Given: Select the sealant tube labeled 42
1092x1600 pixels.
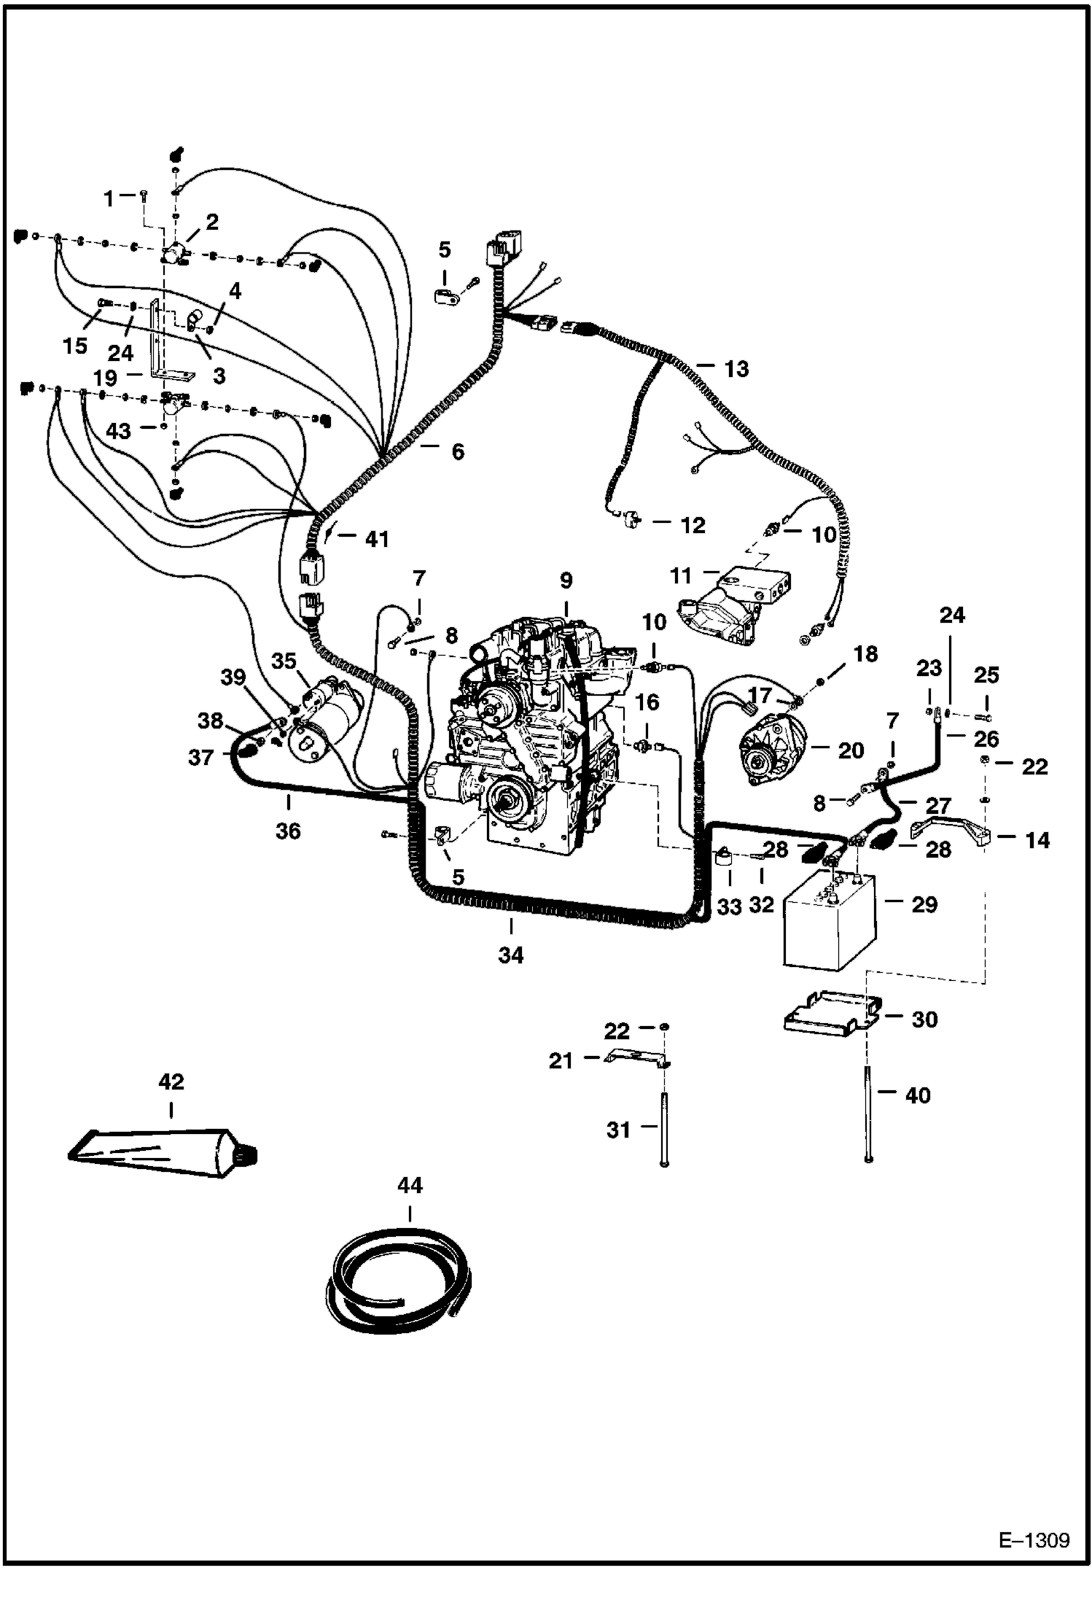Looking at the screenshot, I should pyautogui.click(x=160, y=1154).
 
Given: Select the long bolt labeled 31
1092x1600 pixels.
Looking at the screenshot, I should pyautogui.click(x=663, y=1127).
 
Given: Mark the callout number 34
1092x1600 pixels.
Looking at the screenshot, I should pyautogui.click(x=511, y=954).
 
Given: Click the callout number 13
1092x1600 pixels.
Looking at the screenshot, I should pyautogui.click(x=736, y=369).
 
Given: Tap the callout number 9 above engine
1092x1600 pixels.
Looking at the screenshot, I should pyautogui.click(x=566, y=581).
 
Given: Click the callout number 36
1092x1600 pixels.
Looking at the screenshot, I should pyautogui.click(x=289, y=831).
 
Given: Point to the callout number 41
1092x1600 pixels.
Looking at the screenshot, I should pyautogui.click(x=377, y=540).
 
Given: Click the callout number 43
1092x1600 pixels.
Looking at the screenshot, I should pyautogui.click(x=118, y=430).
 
